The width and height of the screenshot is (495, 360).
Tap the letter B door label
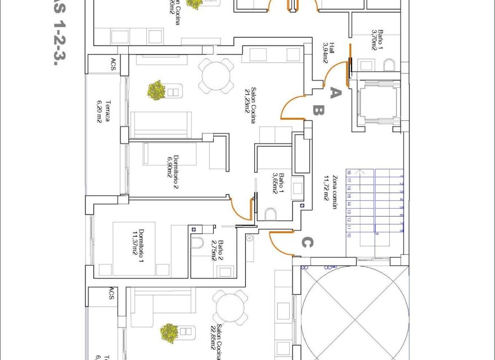(x=318, y=111)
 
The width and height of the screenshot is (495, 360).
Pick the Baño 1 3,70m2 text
(x=377, y=40)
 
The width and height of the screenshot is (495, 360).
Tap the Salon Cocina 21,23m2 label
(x=250, y=100)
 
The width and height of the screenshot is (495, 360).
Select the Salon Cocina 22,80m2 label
(x=217, y=340)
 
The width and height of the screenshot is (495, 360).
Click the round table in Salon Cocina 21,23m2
(x=217, y=75)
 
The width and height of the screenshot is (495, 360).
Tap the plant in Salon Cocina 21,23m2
(x=156, y=90)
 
